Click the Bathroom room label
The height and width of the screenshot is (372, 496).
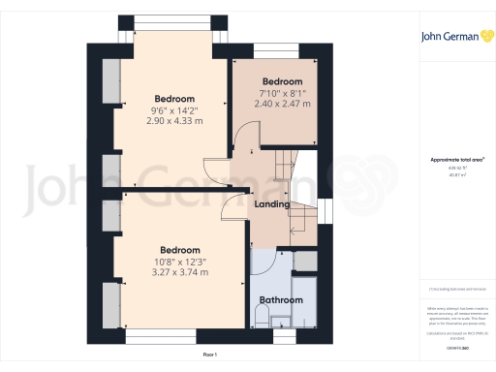click(x=280, y=300)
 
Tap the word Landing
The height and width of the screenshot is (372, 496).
click(x=271, y=203)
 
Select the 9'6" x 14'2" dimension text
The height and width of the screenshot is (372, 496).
click(x=174, y=110)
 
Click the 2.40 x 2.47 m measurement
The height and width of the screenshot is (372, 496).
click(x=282, y=104)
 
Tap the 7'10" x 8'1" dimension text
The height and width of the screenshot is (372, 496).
click(x=282, y=93)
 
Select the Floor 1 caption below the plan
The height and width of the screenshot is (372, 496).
click(x=210, y=356)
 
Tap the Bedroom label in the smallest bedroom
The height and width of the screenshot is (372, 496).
click(x=282, y=81)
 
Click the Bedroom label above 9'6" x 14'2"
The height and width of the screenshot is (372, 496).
click(x=174, y=99)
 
